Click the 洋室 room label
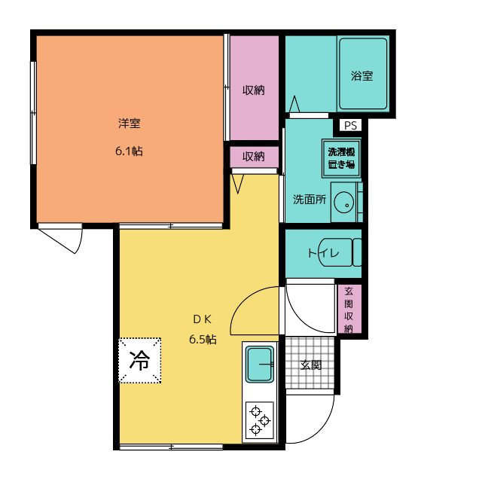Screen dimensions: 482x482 point(129,124)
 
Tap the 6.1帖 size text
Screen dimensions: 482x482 point(129,151)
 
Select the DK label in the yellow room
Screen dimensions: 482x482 point(202,317)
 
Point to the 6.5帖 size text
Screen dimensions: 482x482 point(202,339)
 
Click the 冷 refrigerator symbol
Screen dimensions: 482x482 point(139,361)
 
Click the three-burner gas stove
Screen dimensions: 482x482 point(260,420)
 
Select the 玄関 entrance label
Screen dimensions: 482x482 point(311,365)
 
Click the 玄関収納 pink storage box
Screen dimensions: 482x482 point(349,310)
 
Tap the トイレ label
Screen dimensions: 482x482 point(322,253)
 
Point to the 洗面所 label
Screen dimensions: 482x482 point(309,200)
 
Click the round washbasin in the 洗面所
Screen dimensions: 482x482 point(343,202)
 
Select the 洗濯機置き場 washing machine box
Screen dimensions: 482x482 point(341,158)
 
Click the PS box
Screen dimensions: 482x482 point(351,125)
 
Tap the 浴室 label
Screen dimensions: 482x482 point(362,76)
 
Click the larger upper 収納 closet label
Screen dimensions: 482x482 point(253,90)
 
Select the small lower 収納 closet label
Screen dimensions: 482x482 point(253,157)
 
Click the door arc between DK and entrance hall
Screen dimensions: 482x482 point(256,310)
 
